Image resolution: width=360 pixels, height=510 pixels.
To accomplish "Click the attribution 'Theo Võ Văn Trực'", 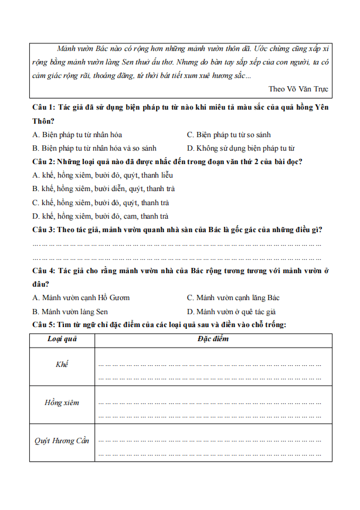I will (298, 89).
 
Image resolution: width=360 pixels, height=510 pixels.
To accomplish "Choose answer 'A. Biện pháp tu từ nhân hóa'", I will (77, 135).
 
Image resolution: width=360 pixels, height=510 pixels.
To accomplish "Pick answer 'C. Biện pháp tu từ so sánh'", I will (229, 135).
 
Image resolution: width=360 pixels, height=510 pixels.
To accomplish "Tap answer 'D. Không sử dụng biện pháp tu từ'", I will (240, 148).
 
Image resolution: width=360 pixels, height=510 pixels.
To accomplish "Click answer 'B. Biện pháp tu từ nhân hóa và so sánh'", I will (94, 148).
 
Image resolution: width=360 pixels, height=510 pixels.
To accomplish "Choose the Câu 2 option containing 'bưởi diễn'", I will (103, 189).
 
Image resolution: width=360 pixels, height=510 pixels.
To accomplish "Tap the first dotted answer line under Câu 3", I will (176, 243).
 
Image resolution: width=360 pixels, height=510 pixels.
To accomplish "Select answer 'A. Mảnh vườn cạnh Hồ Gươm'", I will (81, 297).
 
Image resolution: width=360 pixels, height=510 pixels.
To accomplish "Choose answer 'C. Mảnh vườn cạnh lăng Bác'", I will (233, 297).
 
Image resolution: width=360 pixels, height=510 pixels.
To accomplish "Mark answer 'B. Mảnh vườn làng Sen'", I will (70, 311).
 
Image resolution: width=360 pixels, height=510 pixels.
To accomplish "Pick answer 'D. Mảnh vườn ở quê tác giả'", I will (231, 311).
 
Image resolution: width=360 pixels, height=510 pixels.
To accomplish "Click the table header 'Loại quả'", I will (62, 339).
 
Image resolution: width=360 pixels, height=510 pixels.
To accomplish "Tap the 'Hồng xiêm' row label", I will (62, 403).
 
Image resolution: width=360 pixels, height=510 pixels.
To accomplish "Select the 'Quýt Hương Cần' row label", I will (62, 441).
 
